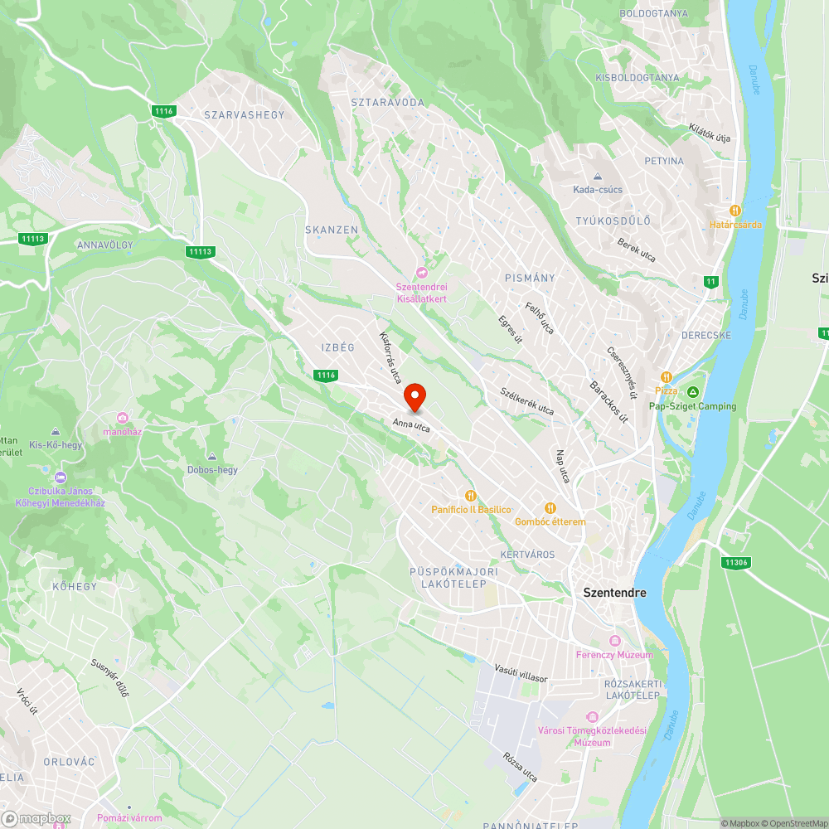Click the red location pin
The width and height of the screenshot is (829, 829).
click(414, 397)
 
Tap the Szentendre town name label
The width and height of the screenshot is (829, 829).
click(614, 593)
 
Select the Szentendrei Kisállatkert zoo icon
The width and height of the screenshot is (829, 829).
click(422, 273)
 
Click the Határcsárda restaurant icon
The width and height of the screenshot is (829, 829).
click(734, 210)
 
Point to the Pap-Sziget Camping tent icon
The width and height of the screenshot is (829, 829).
click(693, 391)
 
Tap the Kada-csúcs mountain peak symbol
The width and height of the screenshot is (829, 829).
click(597, 177)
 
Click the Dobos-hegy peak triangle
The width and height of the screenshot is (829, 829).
click(212, 457)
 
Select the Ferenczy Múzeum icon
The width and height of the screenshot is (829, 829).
click(614, 641)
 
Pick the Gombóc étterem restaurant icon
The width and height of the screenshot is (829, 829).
click(550, 507)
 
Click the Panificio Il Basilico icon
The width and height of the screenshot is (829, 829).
click(471, 496)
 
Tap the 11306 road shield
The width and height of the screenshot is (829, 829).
click(735, 562)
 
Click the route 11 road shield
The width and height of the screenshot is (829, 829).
click(710, 281)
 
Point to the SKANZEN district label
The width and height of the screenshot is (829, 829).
click(332, 230)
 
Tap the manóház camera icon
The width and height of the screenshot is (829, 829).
click(123, 417)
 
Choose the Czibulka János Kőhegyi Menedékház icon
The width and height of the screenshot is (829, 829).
click(60, 478)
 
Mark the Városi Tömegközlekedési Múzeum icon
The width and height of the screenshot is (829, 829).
click(592, 716)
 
